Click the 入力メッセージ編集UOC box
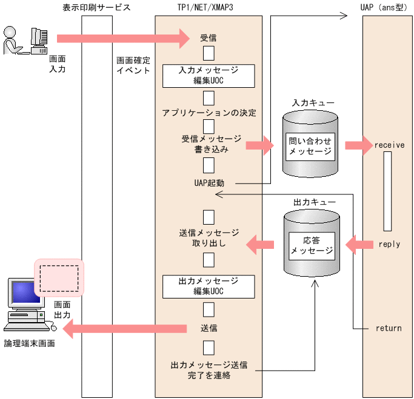pyautogui.click(x=209, y=76)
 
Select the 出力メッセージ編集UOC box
pyautogui.click(x=209, y=286)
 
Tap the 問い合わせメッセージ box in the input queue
pyautogui.click(x=311, y=146)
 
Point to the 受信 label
pyautogui.click(x=209, y=38)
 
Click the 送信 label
pyautogui.click(x=209, y=328)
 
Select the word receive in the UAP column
pyautogui.click(x=389, y=145)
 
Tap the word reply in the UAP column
pyautogui.click(x=389, y=244)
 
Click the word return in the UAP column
pyautogui.click(x=389, y=328)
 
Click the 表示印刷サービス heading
pyautogui.click(x=96, y=7)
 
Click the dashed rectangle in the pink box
pyautogui.click(x=59, y=278)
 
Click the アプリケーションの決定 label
pyautogui.click(x=209, y=113)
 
